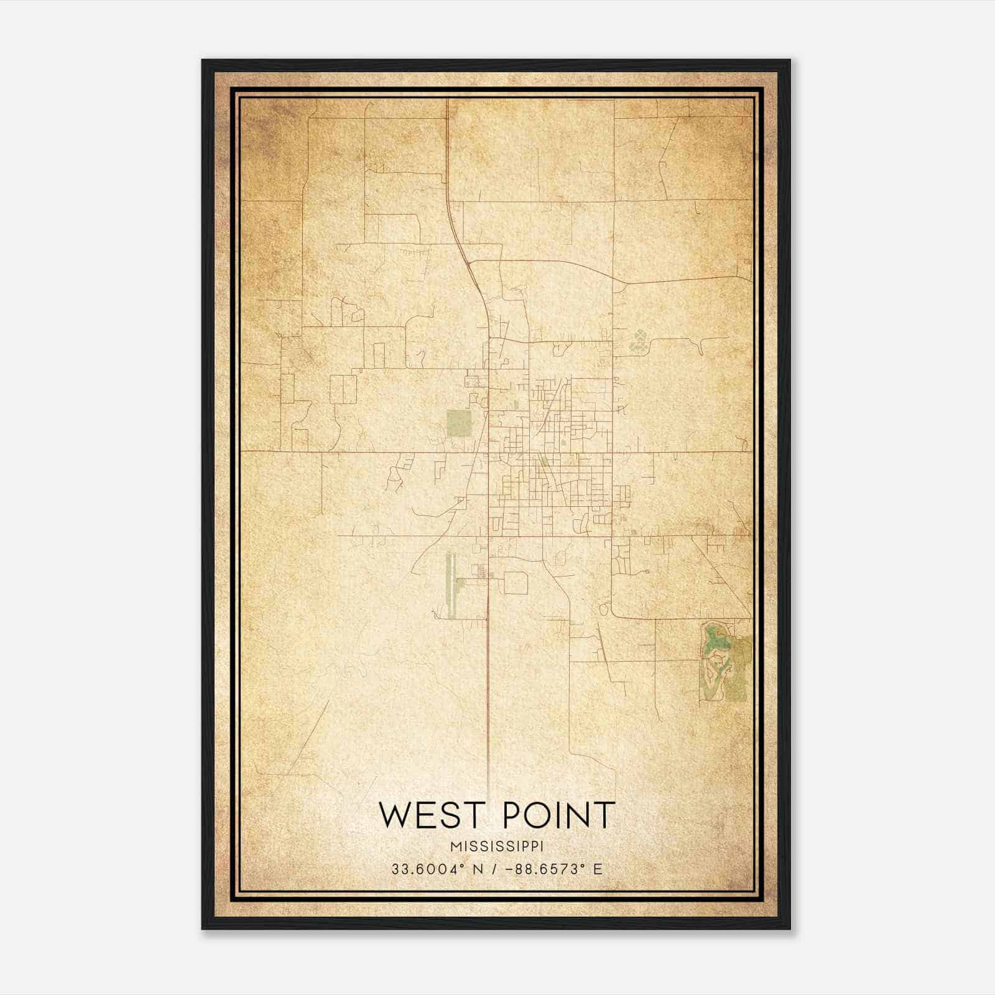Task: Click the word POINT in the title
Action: pyautogui.click(x=558, y=815)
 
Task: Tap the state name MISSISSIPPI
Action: pyautogui.click(x=497, y=846)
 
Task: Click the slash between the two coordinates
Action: pyautogui.click(x=493, y=869)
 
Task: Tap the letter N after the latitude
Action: pyautogui.click(x=478, y=869)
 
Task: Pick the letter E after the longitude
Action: pyautogui.click(x=598, y=869)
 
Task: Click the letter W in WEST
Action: pyautogui.click(x=394, y=815)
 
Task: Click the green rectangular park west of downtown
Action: pyautogui.click(x=460, y=423)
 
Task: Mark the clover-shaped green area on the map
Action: pyautogui.click(x=639, y=340)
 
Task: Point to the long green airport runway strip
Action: pyautogui.click(x=451, y=585)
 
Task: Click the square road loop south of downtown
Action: pyautogui.click(x=516, y=583)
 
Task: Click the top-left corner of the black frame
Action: pyautogui.click(x=203, y=60)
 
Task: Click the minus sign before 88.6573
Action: pyautogui.click(x=509, y=869)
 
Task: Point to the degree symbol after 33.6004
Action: pyautogui.click(x=463, y=865)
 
